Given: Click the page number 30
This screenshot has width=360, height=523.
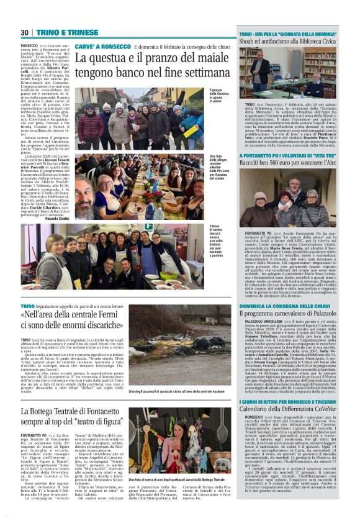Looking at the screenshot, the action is [x=24, y=32].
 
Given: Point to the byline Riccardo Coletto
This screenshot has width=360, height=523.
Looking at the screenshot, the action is [x=57, y=219].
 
